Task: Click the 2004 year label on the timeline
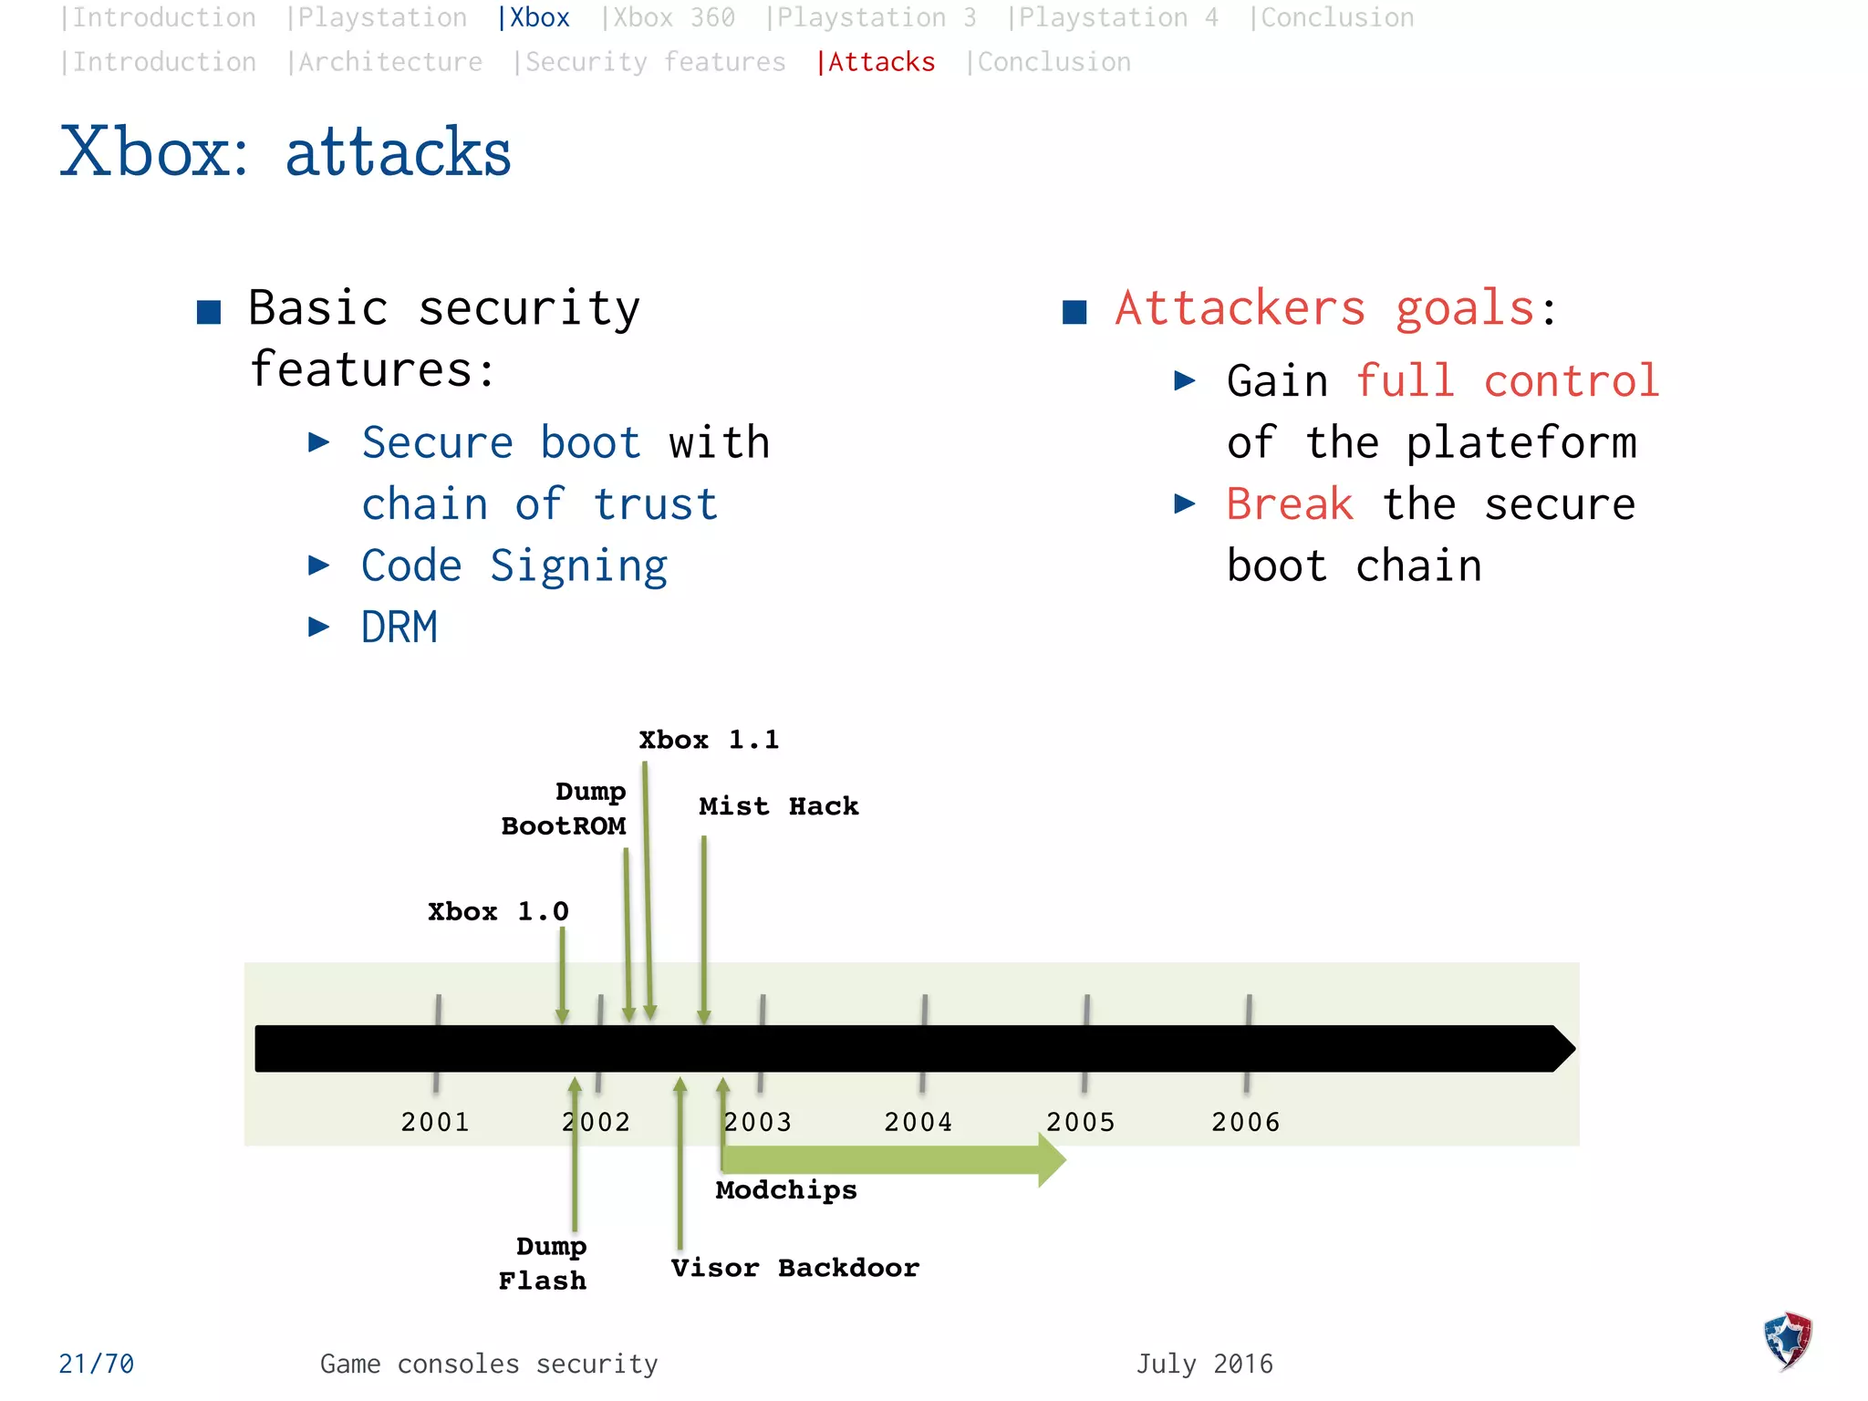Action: click(918, 1121)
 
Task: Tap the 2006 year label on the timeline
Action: click(1245, 1121)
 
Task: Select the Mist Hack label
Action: click(778, 806)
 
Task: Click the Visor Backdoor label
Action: click(794, 1268)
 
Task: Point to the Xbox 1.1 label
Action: click(709, 740)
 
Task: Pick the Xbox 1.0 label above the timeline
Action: click(498, 911)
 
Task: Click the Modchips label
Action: click(786, 1189)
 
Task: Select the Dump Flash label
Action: click(544, 1263)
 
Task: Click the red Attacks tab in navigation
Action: click(877, 62)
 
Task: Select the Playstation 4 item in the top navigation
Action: click(1113, 17)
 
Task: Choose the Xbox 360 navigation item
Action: click(669, 17)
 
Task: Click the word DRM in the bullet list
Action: click(400, 628)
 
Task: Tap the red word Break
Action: click(1289, 504)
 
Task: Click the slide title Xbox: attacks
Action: click(285, 151)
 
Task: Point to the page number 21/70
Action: click(97, 1364)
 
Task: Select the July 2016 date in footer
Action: click(1204, 1364)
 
